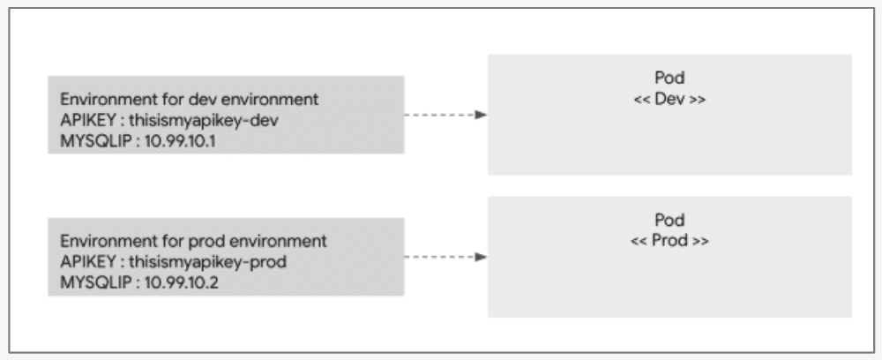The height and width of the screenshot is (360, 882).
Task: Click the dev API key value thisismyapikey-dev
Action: tap(204, 121)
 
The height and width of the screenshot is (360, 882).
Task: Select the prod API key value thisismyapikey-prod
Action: tap(208, 263)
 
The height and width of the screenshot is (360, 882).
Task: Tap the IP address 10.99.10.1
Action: tap(180, 141)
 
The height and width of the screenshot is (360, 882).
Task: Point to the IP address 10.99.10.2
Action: tap(181, 283)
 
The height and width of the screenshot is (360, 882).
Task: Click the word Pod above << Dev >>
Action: tap(669, 79)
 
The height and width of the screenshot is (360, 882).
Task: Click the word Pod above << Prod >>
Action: tap(669, 220)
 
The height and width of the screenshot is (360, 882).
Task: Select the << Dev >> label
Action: tap(669, 99)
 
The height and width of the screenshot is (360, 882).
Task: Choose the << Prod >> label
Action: tap(669, 241)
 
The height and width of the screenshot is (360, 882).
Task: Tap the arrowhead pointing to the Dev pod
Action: tap(481, 115)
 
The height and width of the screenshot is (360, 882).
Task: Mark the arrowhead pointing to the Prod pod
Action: tap(481, 257)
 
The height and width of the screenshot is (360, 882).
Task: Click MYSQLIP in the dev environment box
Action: tap(94, 141)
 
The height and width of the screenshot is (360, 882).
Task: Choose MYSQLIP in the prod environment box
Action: tap(94, 283)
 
